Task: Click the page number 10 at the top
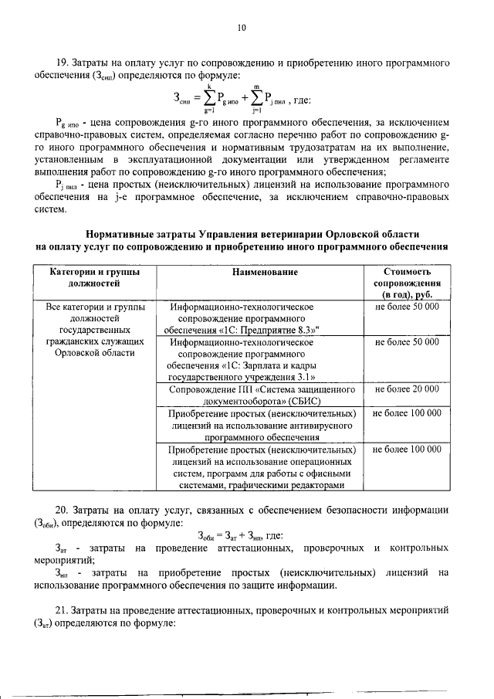pyautogui.click(x=242, y=28)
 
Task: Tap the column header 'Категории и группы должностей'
pyautogui.click(x=94, y=278)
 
